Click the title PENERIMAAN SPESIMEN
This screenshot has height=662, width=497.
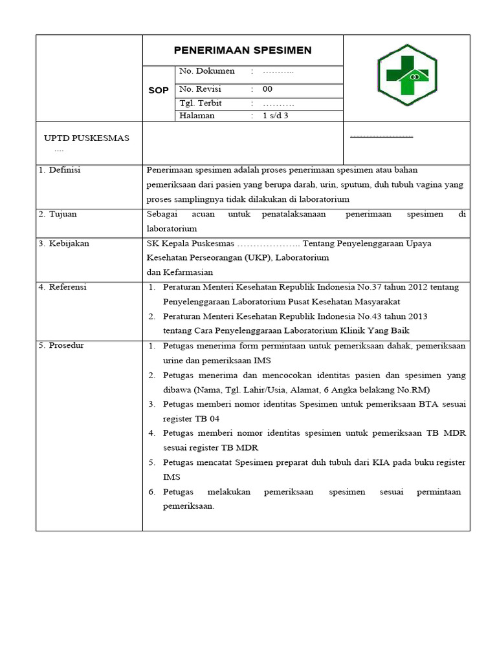point(243,50)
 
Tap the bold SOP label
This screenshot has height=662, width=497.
point(158,91)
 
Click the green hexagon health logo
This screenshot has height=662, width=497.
point(407,76)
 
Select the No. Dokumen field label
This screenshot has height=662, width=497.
point(207,71)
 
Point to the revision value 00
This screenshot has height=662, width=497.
point(268,89)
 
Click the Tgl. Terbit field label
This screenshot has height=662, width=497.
point(201,103)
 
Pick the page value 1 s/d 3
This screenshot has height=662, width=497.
point(276,116)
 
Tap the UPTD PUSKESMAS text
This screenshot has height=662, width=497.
point(86,138)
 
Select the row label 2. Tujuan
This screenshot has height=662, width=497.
point(61,214)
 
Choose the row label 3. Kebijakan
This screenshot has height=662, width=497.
point(66,244)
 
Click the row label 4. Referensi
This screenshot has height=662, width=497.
point(65,287)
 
